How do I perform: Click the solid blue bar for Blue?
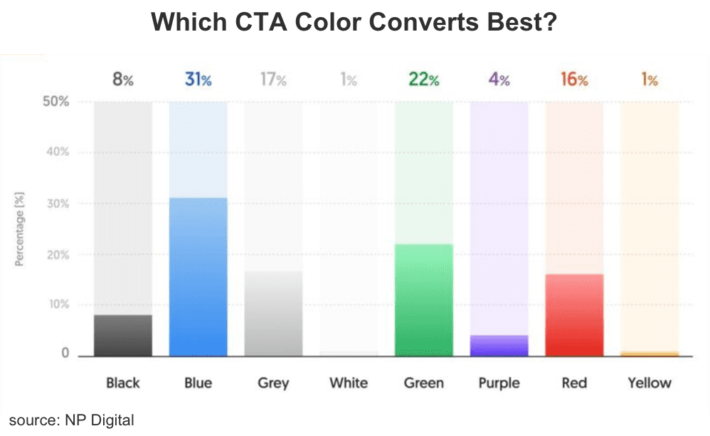pos(198,277)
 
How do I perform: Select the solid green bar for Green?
pos(423,299)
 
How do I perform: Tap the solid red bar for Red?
pos(574,314)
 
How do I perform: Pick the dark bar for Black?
pos(122,335)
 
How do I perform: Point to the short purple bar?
pos(499,346)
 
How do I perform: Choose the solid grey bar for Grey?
pos(273,313)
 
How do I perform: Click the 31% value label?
pos(198,80)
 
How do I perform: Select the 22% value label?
pos(423,80)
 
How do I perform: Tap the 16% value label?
pos(574,80)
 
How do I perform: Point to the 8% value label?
pos(122,80)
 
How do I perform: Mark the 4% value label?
pos(499,80)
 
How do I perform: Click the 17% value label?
pos(273,80)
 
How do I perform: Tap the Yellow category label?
pos(649,383)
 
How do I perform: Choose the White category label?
pos(348,383)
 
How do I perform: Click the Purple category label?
pos(499,383)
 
